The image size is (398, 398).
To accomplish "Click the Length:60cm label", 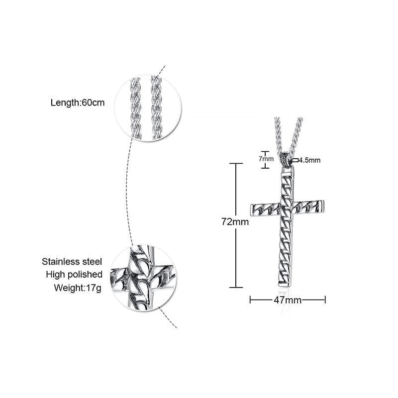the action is point(78,103).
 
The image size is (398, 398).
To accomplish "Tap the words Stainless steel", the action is point(72,262).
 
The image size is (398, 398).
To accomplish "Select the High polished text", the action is point(74,275).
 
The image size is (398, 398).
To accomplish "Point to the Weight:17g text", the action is point(78,288).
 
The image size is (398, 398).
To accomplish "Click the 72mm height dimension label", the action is point(235,222).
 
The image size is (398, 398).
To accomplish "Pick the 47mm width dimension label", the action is point(288,300).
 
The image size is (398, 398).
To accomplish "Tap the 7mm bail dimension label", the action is point(266,159).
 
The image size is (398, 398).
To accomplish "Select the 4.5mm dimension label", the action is point(309,160).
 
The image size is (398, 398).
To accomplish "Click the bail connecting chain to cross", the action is point(287,160).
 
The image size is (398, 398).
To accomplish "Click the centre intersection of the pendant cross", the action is point(288,208).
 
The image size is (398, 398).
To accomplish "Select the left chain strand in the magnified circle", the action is point(136,108).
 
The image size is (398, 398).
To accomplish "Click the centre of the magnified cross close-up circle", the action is point(144,278).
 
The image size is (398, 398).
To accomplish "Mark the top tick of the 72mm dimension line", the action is point(236,164).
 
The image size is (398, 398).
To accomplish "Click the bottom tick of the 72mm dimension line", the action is point(236,288).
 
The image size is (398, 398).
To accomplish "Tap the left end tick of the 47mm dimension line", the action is point(250,300).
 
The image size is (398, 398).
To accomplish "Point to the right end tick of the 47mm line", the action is point(325,300).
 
